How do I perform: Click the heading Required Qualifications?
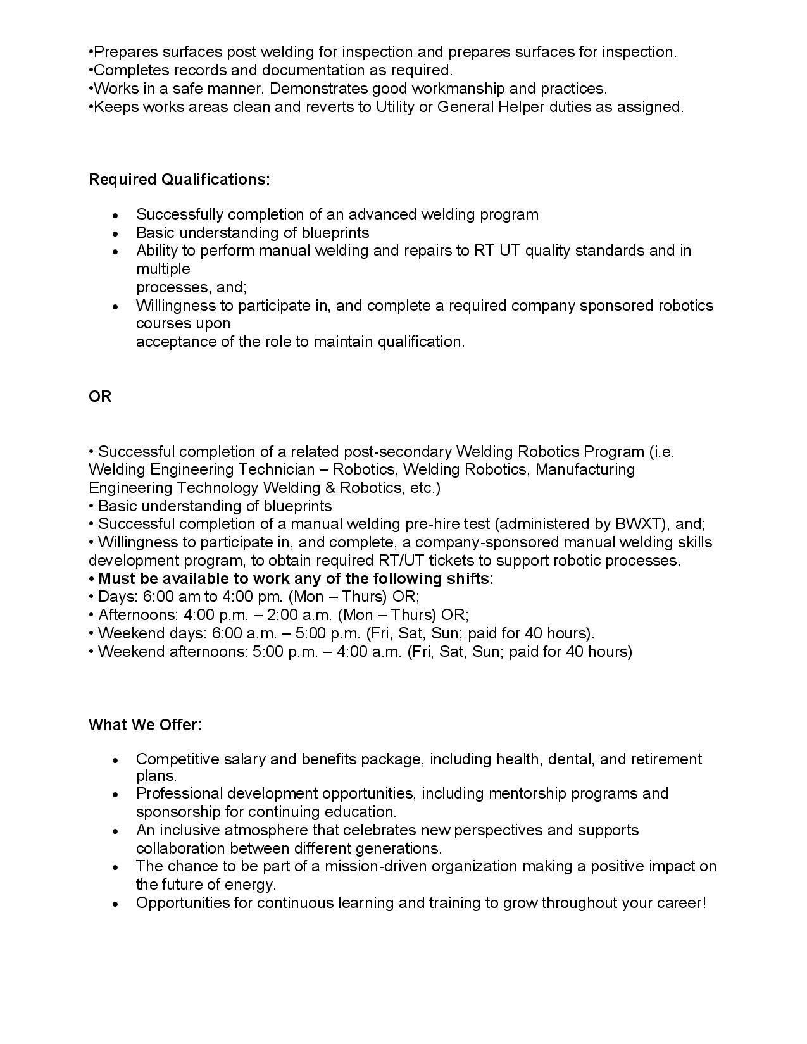pyautogui.click(x=179, y=180)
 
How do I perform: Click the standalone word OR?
pyautogui.click(x=100, y=397)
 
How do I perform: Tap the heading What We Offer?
pyautogui.click(x=145, y=725)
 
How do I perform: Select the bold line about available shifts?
pyautogui.click(x=291, y=579)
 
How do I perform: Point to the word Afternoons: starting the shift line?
pyautogui.click(x=139, y=615)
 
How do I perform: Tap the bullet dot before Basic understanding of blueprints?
pyautogui.click(x=115, y=233)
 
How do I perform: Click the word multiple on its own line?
pyautogui.click(x=163, y=269)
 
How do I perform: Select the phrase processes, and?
pyautogui.click(x=191, y=287)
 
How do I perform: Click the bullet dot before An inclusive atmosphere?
pyautogui.click(x=115, y=831)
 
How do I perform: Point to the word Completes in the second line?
pyautogui.click(x=125, y=70)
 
